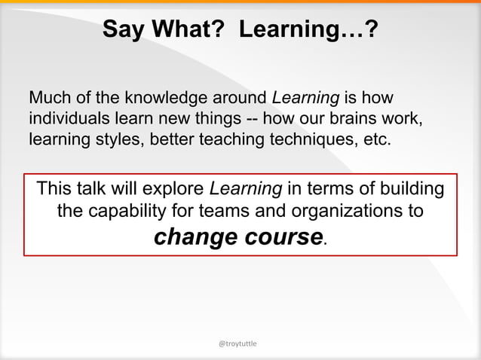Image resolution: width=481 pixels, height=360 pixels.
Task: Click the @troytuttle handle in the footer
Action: [237, 343]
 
